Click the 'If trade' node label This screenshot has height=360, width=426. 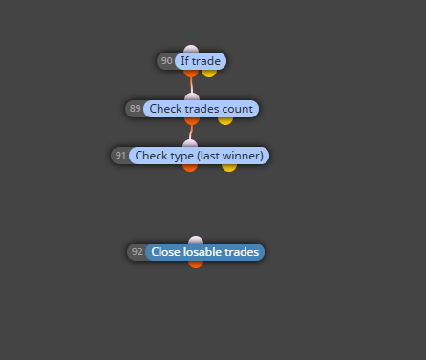(201, 61)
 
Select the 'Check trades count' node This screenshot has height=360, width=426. (202, 109)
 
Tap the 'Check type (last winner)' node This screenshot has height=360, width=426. (200, 156)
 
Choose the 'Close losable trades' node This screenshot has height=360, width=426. (205, 252)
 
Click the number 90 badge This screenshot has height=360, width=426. (166, 61)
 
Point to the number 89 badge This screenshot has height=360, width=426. (135, 109)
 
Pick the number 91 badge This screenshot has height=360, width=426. (120, 156)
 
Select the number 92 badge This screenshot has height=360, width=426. (137, 252)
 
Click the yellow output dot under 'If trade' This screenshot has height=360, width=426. (209, 73)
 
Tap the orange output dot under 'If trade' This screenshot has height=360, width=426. (191, 73)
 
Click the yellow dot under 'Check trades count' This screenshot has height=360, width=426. (225, 120)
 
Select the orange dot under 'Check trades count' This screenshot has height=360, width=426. (192, 120)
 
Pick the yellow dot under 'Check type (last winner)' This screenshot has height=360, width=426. (229, 168)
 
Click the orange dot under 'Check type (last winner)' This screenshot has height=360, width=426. (190, 168)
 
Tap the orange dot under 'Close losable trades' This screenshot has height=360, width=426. (196, 265)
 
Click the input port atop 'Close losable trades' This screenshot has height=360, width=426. (196, 240)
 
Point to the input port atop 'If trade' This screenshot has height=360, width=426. (191, 49)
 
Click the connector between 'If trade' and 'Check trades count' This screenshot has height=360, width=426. (191, 85)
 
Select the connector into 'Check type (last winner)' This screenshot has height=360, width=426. (191, 133)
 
